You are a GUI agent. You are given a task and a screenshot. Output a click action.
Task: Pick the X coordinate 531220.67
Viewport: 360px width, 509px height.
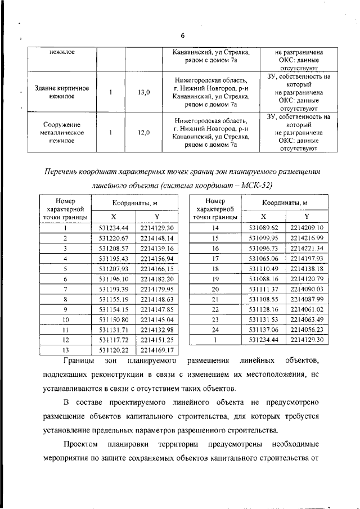114,238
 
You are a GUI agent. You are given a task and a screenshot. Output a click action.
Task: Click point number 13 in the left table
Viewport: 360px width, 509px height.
65,350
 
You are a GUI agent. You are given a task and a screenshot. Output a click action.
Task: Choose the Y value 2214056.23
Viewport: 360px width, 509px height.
307,330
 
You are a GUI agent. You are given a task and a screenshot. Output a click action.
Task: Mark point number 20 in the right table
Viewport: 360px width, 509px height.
214,289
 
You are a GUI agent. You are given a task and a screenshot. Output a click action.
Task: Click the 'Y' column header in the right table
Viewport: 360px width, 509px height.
307,216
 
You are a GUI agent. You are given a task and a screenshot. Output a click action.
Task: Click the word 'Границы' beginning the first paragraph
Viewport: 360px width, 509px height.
78,360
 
